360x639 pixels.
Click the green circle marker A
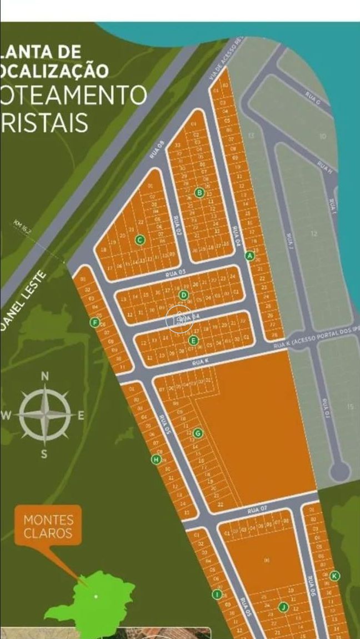249,256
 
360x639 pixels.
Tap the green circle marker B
200,193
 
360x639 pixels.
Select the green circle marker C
139,240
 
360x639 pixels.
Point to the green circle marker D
184,295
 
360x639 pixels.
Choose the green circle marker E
193,341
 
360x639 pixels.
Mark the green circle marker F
95,323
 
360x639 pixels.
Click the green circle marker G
198,433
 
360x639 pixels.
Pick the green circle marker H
156,460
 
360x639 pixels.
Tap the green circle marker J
283,607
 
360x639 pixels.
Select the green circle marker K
334,576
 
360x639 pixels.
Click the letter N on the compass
45,376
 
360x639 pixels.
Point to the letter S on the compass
44,454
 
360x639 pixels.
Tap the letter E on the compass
81,416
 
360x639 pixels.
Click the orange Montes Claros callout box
48,526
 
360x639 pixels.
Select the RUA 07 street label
258,509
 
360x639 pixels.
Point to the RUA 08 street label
157,151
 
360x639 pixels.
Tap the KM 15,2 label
23,228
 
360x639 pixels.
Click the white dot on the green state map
96,597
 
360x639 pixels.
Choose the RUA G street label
313,98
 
